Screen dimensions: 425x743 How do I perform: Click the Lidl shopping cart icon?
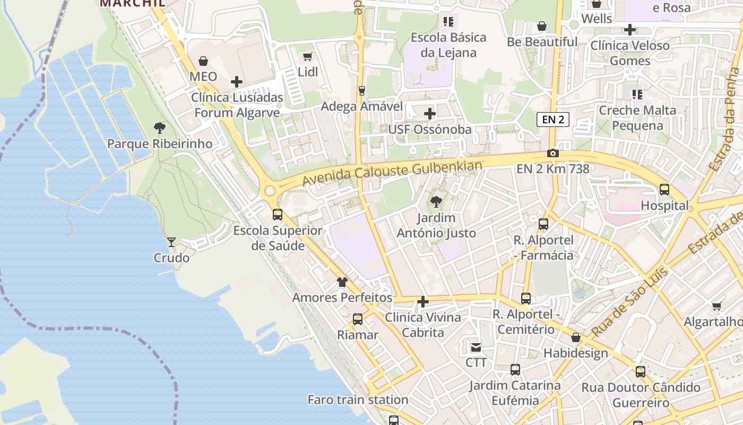307,56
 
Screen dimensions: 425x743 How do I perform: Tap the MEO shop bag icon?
203,61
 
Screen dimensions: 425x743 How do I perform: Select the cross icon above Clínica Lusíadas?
237,82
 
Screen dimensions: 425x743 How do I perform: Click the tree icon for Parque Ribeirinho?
159,128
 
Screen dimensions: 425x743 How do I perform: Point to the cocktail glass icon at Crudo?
171,242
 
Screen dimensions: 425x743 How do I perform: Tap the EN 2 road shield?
553,120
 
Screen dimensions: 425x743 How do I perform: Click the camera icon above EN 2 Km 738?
553,154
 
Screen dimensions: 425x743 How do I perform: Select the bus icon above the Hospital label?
664,190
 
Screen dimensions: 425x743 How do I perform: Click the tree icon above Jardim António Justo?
436,202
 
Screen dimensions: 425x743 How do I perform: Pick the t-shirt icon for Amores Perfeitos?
342,282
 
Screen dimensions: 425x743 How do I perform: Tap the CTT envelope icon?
476,347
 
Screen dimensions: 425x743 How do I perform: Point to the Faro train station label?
358,399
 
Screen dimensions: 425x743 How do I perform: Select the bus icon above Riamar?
358,319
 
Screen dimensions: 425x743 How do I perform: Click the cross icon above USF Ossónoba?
430,114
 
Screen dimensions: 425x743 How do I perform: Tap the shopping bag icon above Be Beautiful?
542,26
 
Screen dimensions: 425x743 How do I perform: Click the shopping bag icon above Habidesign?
576,338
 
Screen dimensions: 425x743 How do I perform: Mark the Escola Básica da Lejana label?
448,45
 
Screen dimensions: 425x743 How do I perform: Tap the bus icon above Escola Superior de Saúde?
278,215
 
